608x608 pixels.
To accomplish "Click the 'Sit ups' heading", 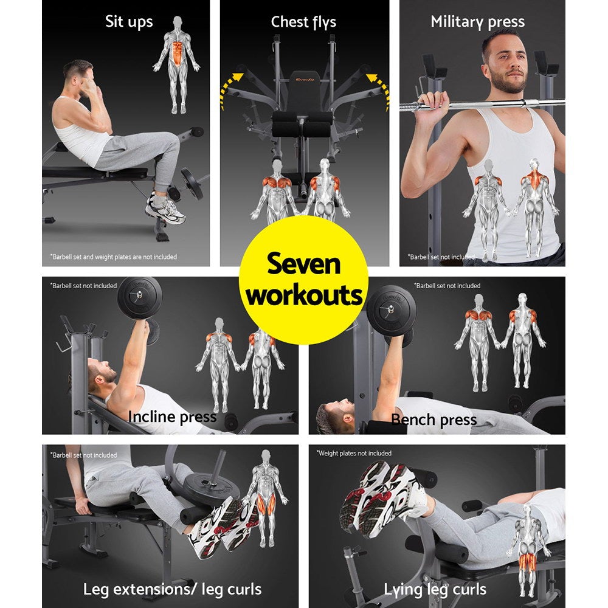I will tap(129, 22).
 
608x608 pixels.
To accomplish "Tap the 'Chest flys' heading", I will tap(303, 22).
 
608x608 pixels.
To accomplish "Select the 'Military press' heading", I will tap(477, 22).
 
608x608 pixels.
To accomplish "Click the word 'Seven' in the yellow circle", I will tap(304, 266).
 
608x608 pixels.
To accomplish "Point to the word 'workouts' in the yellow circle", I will tap(304, 296).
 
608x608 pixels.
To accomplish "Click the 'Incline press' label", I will tap(172, 417).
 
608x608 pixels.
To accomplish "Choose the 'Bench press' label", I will tap(434, 420).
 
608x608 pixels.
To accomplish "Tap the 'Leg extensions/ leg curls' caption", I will tap(173, 589).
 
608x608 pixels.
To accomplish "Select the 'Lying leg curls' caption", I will tap(435, 589).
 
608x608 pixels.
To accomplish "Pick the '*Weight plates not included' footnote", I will tap(354, 454).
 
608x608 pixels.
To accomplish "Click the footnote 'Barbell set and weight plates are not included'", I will tap(114, 257).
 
